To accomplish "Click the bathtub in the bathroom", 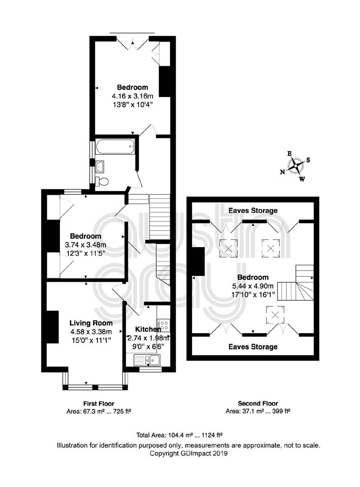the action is [115, 146].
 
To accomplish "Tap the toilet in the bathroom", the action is [102, 181].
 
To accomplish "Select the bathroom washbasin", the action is [100, 166].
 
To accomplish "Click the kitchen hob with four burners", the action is [164, 325].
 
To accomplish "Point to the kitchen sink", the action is [147, 360].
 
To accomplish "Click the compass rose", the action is [295, 166].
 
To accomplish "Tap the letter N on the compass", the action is [283, 172].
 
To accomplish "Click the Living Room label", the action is [91, 323].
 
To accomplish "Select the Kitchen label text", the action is [148, 329].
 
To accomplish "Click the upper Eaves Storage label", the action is [253, 211].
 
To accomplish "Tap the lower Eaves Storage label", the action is [253, 347].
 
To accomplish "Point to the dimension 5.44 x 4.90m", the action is [253, 286].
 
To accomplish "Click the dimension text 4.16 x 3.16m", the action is [132, 96].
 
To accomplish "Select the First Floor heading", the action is [99, 404].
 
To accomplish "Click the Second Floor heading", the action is [258, 404].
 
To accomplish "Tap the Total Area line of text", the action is [180, 435].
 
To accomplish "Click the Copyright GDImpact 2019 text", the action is [188, 453].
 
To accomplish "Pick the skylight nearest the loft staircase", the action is [275, 315].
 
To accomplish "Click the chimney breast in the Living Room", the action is [52, 327].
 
